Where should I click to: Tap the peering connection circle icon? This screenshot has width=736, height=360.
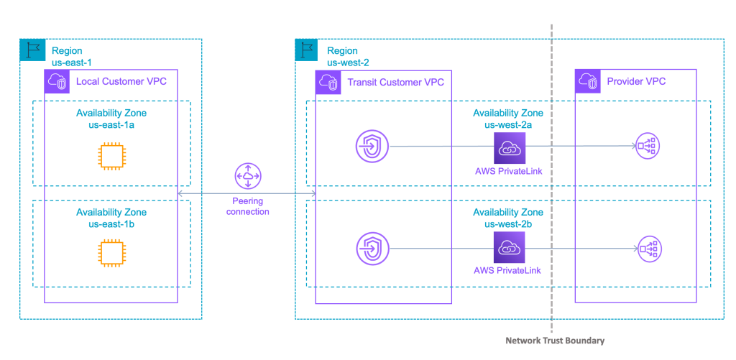pos(249,176)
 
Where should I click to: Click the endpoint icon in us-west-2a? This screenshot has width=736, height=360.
pos(372,147)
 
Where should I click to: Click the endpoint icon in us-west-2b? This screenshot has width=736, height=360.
pos(372,249)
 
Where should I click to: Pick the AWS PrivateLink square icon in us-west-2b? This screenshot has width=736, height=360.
pos(509,249)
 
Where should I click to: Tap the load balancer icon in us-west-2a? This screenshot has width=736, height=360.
pos(647,147)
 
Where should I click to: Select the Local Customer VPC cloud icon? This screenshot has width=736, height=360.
pos(57,82)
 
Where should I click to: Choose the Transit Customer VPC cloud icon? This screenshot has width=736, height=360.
pos(328,82)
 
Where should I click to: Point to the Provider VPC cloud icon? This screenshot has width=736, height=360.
pos(587,82)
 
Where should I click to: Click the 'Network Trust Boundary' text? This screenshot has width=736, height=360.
pos(555,340)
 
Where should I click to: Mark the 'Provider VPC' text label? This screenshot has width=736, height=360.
pos(636,81)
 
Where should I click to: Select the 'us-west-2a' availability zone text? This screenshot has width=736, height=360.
pos(507,124)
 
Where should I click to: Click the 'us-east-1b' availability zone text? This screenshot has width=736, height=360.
pos(111,224)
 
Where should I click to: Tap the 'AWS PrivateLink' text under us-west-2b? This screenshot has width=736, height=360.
pos(507,270)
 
